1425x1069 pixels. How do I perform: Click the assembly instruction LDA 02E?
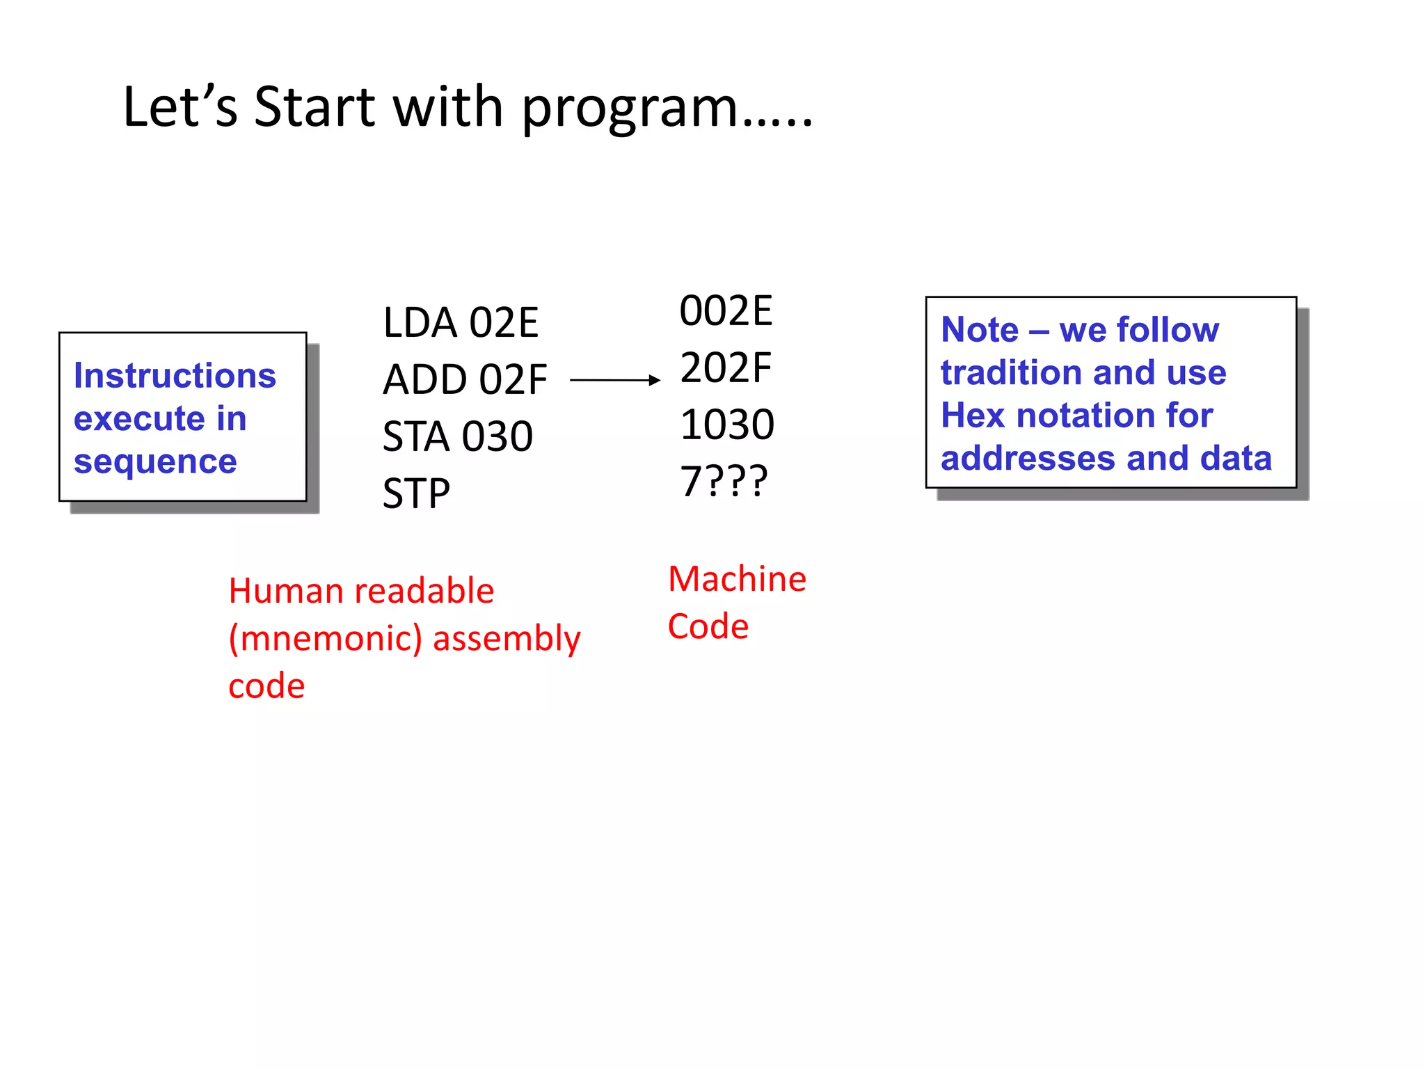pos(461,323)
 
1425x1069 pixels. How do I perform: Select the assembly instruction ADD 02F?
pos(465,380)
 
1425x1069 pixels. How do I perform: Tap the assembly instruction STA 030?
pos(458,437)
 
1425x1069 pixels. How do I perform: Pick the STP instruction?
pos(416,494)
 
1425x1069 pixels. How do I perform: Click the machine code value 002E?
pos(726,311)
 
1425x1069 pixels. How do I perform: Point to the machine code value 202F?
pos(726,368)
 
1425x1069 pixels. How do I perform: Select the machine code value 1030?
pos(727,425)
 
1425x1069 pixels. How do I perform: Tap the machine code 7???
pos(724,482)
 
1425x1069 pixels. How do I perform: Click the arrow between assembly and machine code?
pos(614,380)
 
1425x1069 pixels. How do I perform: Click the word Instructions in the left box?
pos(175,376)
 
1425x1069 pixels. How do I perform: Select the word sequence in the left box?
pos(155,461)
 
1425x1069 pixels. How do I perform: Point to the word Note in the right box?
pos(980,329)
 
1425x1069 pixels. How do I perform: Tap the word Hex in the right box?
pos(973,415)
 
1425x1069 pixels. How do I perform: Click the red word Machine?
pos(737,579)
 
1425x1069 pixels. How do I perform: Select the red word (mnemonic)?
pos(326,639)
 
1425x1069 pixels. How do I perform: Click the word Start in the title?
pos(315,107)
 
